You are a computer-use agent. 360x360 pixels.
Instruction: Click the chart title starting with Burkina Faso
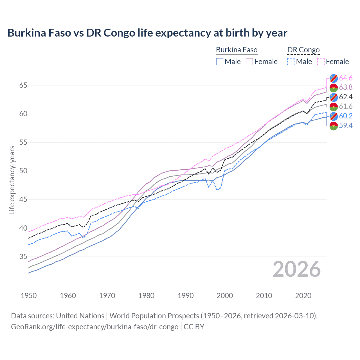[x=147, y=33]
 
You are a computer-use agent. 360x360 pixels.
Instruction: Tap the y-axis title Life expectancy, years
[x=12, y=180]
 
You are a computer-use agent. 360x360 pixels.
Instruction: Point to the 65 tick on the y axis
[x=23, y=85]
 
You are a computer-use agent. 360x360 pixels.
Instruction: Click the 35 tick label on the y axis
[x=23, y=257]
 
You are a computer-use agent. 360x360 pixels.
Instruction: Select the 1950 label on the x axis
[x=29, y=296]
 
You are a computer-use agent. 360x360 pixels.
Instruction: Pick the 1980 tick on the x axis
[x=146, y=296]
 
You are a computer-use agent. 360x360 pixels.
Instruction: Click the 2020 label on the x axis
[x=303, y=296]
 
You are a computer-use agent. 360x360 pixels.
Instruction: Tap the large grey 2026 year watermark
[x=297, y=269]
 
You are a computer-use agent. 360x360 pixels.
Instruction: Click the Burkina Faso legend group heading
[x=237, y=50]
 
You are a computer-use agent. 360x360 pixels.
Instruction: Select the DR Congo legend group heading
[x=303, y=50]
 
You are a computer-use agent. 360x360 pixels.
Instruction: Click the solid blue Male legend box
[x=220, y=62]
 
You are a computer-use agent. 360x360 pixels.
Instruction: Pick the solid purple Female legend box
[x=250, y=62]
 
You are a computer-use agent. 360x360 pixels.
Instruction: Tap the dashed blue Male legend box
[x=291, y=62]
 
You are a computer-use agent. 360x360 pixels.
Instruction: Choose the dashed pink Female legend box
[x=321, y=62]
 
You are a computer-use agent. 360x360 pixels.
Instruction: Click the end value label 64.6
[x=346, y=78]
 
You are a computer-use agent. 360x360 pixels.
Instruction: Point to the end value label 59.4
[x=346, y=125]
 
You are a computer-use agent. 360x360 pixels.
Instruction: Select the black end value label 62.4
[x=346, y=97]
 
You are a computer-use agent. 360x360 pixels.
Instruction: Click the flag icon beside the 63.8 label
[x=334, y=87]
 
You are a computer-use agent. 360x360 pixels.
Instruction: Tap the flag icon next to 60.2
[x=334, y=116]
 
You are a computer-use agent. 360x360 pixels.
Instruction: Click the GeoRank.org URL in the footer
[x=94, y=327]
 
